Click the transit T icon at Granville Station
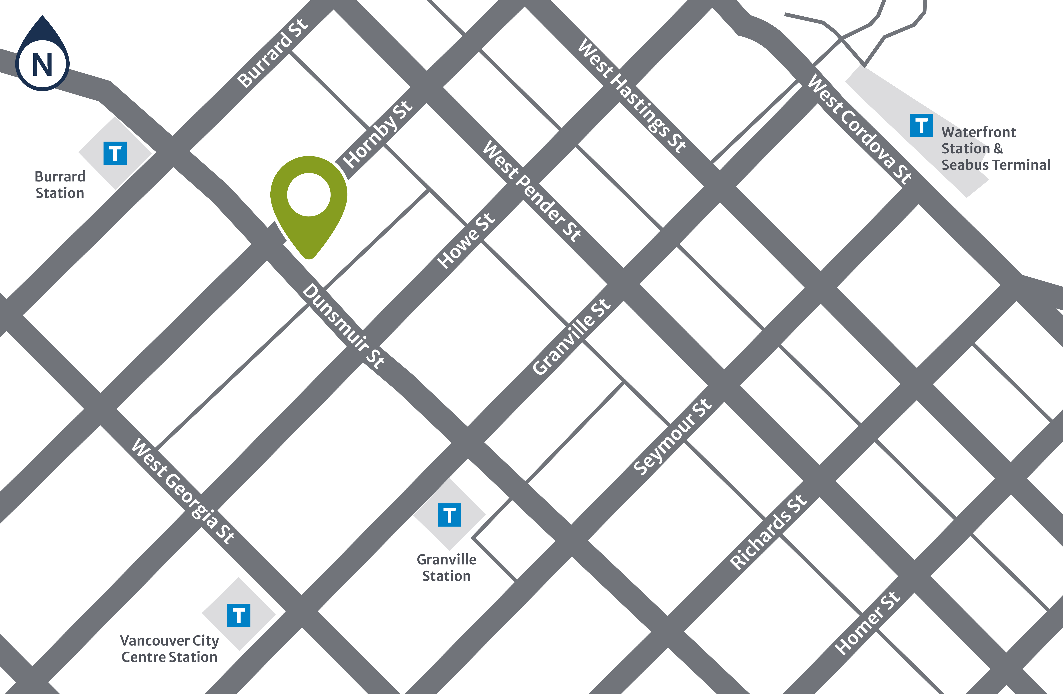pos(449,515)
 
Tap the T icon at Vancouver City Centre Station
pos(239,615)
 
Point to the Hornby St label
pos(378,134)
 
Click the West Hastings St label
pos(632,96)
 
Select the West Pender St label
pos(531,191)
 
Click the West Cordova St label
pos(860,130)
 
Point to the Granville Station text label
pos(446,568)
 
